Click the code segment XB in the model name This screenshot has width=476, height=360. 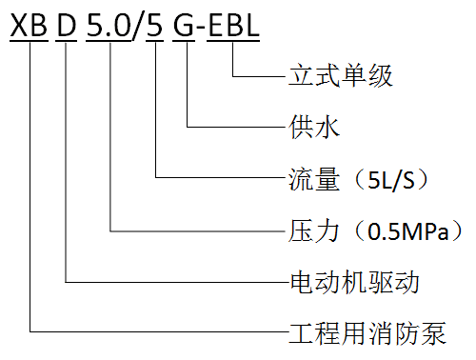[29, 25]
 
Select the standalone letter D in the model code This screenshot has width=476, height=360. [67, 25]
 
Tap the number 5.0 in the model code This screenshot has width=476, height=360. [109, 25]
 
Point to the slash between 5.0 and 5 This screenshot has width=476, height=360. [138, 27]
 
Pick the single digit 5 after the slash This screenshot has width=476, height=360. [155, 25]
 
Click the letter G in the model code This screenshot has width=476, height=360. [184, 25]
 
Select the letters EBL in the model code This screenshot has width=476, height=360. [233, 25]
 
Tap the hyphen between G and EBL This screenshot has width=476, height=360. [201, 28]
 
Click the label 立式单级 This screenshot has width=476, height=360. [341, 76]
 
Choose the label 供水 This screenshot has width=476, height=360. [314, 127]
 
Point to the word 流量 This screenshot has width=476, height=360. [314, 179]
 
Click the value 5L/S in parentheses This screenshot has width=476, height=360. [391, 180]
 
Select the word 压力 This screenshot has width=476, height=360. [314, 230]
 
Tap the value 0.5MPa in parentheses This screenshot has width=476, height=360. [408, 231]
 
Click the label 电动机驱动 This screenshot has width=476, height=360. [355, 282]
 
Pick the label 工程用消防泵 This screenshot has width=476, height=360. [367, 333]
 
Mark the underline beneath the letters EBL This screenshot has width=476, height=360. [233, 41]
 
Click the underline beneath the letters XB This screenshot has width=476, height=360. [29, 41]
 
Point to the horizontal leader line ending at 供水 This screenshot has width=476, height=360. [236, 127]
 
